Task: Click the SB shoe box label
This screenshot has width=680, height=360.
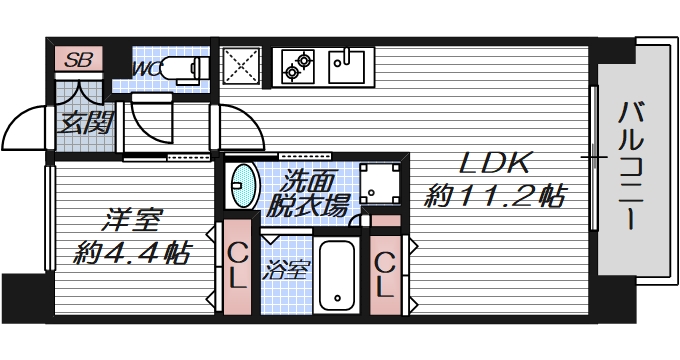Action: (x=77, y=59)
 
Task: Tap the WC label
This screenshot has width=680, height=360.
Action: (x=146, y=68)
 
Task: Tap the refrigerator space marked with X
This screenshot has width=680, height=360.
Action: (x=241, y=67)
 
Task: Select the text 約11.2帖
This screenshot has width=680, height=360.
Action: (x=493, y=197)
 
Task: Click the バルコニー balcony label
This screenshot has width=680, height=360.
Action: (x=629, y=166)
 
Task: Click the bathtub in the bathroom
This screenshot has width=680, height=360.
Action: (x=338, y=277)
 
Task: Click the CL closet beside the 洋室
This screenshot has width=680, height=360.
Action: (x=237, y=267)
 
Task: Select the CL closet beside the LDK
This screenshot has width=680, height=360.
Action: (x=385, y=272)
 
